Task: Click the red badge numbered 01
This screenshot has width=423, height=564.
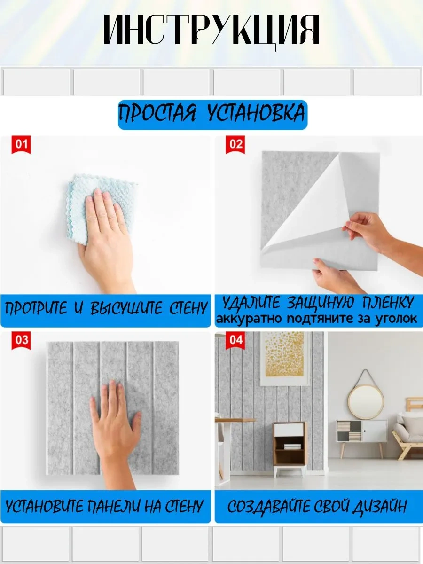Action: pos(21,144)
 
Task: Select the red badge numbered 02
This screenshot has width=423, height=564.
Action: pos(235,144)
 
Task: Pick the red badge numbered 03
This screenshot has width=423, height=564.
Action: pos(21,340)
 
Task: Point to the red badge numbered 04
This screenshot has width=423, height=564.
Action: pos(235,340)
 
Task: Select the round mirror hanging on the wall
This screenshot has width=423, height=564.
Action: pos(366,401)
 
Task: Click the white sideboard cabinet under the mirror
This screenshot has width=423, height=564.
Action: pos(361,432)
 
